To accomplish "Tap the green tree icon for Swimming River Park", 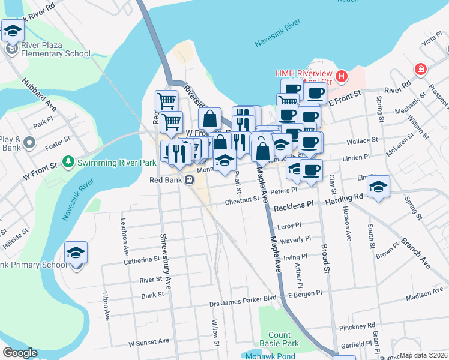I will tap(69, 161).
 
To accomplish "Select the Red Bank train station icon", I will tap(189, 179).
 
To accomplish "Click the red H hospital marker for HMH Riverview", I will tap(342, 76).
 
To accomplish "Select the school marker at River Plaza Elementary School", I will tap(12, 32).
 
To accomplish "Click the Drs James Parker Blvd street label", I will tap(243, 297).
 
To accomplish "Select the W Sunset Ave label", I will tap(149, 342).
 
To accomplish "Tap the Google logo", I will tap(19, 353).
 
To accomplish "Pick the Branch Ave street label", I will tap(415, 245).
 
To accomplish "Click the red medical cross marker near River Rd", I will tap(420, 69).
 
